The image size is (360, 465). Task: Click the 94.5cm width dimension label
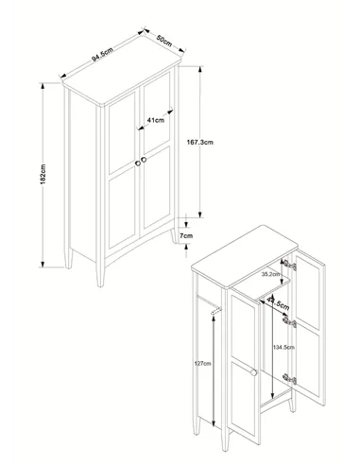pos(102,54)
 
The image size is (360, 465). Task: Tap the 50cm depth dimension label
pos(164,41)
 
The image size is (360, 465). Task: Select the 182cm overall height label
pos(43,174)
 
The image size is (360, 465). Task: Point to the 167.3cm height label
pos(200,142)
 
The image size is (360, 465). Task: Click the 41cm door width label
pos(155,120)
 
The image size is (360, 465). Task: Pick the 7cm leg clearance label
pos(186,235)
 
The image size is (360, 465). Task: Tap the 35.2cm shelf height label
pos(270,274)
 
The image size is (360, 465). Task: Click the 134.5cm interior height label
pos(283,347)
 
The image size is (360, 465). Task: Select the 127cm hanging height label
pos(202,363)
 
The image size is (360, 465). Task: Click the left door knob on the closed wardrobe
pos(138,164)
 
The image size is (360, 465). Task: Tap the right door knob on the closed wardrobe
pos(145,160)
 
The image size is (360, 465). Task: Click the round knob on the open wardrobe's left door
pos(253,372)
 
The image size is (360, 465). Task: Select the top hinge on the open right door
pos(289,266)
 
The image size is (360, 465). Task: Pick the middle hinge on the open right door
pos(289,322)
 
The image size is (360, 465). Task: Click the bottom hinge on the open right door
pos(289,379)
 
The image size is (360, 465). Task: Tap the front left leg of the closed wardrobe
pos(100,274)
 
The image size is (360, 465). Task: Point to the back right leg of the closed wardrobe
pos(174,235)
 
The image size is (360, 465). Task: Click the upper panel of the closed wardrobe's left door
pos(122,133)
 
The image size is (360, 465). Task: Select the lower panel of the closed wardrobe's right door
pos(157,187)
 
